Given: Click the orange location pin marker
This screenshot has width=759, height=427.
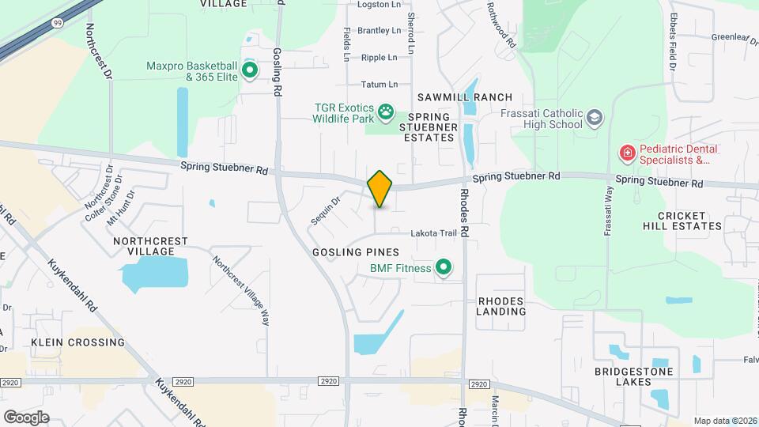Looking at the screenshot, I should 379,188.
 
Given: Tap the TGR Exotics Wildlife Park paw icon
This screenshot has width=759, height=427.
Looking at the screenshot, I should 386,112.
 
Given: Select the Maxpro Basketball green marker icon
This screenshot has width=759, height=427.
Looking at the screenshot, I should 250,71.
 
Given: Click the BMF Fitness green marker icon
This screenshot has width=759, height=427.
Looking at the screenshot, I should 444,269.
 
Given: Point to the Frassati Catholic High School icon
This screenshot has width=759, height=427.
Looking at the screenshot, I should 594,119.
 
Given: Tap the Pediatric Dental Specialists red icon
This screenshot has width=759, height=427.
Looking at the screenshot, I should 627,153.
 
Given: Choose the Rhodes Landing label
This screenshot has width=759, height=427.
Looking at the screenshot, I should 501,306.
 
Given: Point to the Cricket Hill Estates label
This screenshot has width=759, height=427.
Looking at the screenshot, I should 689,221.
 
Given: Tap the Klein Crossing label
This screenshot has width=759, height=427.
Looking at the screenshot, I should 78,342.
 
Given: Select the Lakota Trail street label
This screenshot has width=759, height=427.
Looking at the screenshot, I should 434,233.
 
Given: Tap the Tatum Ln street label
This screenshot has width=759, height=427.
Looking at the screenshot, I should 379,85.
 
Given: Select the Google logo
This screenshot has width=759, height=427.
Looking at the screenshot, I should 26,417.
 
